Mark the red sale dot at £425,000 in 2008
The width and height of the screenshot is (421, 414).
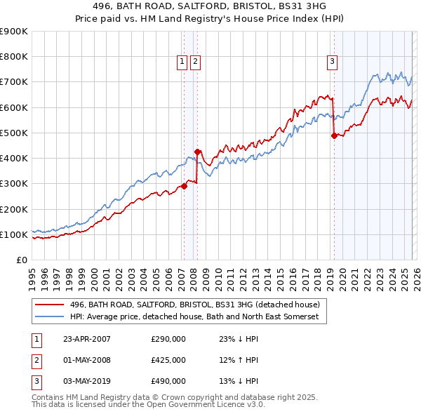click(x=197, y=152)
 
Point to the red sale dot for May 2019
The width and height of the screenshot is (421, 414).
click(x=334, y=135)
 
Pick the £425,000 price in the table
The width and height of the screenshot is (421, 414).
click(x=168, y=360)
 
